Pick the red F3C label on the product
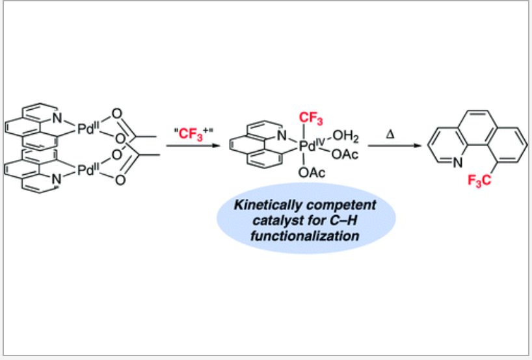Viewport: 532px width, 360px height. [x=476, y=188]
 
